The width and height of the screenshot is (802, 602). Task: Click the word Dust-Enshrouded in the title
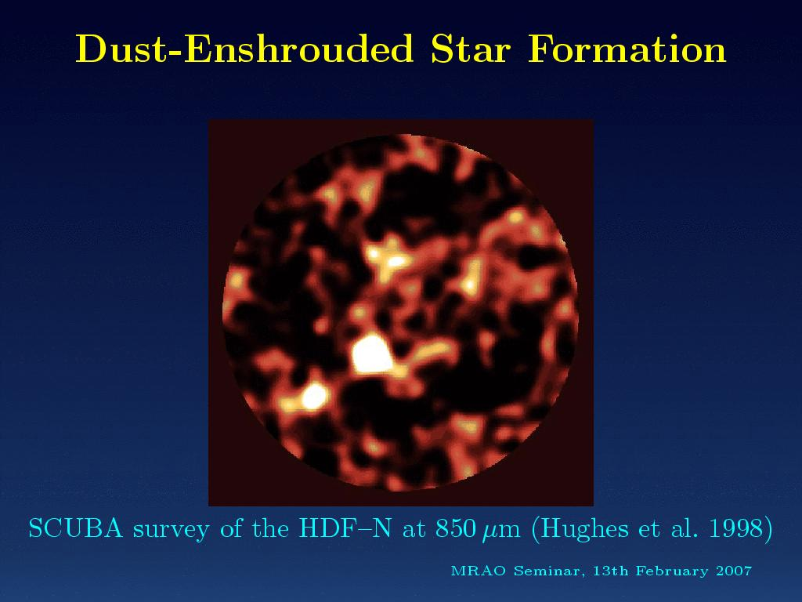click(244, 49)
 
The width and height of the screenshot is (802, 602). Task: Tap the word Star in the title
click(471, 49)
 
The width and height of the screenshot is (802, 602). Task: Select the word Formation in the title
click(627, 49)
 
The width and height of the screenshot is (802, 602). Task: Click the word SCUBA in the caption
click(76, 528)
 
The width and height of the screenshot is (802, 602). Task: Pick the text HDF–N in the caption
click(345, 528)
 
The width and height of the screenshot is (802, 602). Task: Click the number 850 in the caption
click(455, 528)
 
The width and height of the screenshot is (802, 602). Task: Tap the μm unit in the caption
click(501, 531)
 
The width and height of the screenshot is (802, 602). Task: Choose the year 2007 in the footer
click(734, 571)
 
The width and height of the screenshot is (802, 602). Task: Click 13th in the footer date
click(610, 571)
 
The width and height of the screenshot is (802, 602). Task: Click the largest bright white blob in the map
click(372, 354)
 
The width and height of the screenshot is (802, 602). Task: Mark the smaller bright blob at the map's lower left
click(313, 396)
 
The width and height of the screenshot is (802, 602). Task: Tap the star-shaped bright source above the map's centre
click(387, 259)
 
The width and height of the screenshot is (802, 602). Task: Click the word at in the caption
click(414, 529)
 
